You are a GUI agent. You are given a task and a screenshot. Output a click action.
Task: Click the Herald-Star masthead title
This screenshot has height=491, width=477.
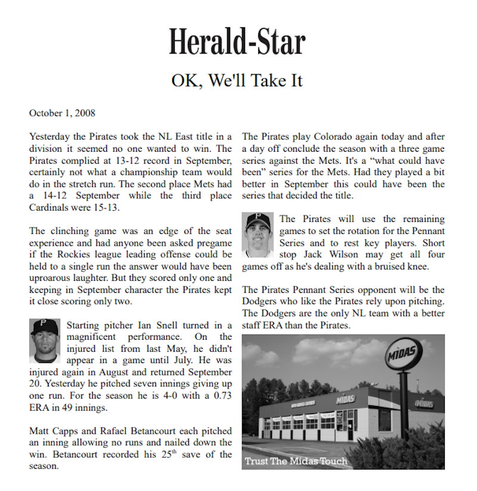tap(237, 42)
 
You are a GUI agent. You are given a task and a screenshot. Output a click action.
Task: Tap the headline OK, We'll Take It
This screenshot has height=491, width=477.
tap(237, 80)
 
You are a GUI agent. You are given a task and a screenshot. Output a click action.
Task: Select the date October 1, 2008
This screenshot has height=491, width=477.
tap(62, 113)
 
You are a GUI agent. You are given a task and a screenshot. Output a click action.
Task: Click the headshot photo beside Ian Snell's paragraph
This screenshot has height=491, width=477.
tap(45, 340)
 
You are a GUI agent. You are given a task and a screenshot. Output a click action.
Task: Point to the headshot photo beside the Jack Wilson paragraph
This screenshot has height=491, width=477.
tap(258, 233)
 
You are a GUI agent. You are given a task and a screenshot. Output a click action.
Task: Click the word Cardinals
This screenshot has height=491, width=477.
tap(52, 208)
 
